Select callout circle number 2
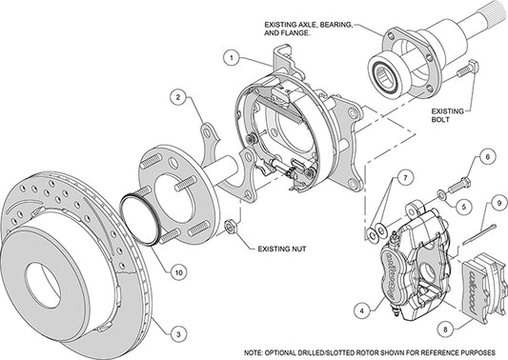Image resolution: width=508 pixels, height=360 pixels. (x=177, y=96)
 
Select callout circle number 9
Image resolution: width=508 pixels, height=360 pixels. (x=498, y=202)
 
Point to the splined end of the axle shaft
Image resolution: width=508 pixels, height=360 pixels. (x=485, y=42)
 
